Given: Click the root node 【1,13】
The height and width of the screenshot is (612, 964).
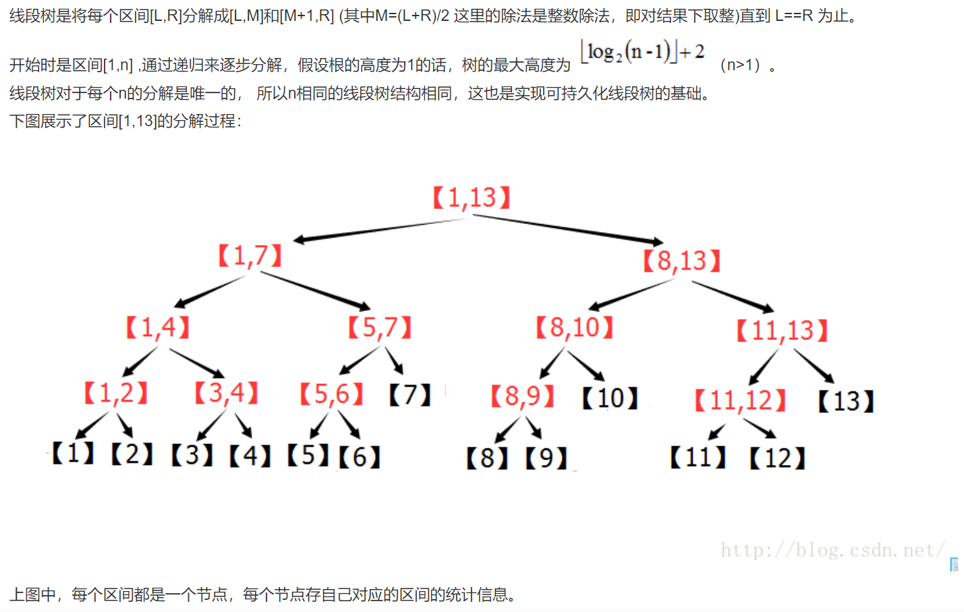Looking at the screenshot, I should click(471, 198).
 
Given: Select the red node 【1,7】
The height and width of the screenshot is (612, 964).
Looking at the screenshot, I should click(250, 256).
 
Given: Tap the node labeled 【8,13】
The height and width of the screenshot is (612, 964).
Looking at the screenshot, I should click(681, 260).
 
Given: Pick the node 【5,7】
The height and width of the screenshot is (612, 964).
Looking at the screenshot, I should click(379, 328).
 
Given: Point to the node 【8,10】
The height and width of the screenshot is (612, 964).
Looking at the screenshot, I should click(574, 328).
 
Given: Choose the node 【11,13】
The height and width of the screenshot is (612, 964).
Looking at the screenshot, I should click(782, 331).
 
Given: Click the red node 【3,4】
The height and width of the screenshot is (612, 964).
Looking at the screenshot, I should click(226, 393).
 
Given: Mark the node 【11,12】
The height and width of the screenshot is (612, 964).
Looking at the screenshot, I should click(740, 401).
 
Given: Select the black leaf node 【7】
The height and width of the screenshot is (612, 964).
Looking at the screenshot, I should click(409, 395).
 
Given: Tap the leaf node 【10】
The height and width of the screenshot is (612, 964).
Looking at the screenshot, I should click(610, 398).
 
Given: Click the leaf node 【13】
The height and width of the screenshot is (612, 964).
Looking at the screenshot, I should click(845, 401).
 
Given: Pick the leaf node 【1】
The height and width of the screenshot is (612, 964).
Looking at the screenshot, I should click(74, 453).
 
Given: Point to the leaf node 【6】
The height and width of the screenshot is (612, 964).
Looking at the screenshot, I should click(360, 457).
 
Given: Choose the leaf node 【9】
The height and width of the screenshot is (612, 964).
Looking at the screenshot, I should click(546, 459).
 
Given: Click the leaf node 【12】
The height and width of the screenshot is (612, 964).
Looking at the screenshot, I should click(777, 459).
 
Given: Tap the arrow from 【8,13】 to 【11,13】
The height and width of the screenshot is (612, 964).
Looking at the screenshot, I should click(733, 295).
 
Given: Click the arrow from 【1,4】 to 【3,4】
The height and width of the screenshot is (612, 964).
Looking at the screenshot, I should click(196, 362).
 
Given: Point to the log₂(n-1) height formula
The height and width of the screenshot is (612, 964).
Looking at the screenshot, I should click(643, 52).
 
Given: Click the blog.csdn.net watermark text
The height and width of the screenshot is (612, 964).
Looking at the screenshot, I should click(832, 550).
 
